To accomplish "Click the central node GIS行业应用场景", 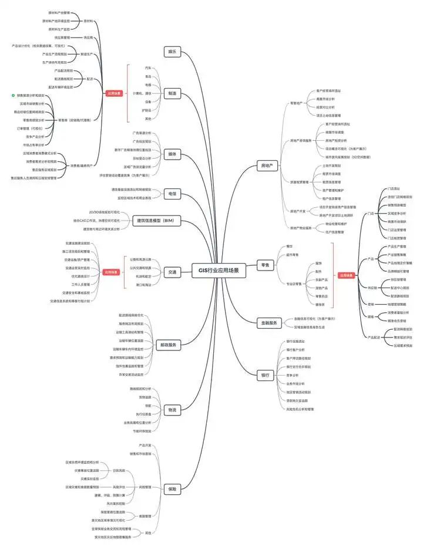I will [x=219, y=271].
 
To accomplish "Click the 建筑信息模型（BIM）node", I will [x=156, y=221].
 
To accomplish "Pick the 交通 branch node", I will [x=172, y=272].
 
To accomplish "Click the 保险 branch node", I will [x=172, y=488].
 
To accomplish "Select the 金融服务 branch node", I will [x=268, y=322].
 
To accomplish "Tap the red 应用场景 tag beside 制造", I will [x=114, y=93].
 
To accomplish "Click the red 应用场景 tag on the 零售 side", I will [x=346, y=275].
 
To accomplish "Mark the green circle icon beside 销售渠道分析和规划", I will [x=14, y=95].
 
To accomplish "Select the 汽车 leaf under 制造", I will [x=148, y=68].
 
